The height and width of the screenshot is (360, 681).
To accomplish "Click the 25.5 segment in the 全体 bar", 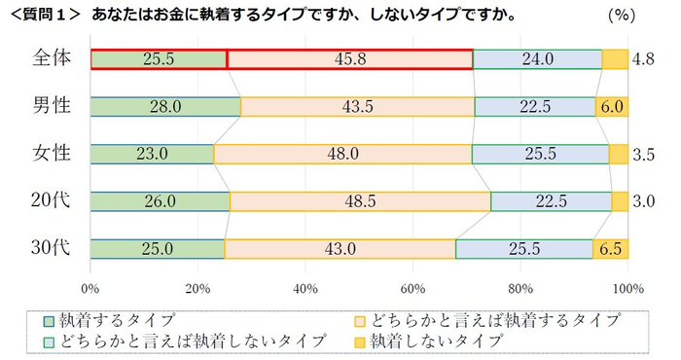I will [x=158, y=59].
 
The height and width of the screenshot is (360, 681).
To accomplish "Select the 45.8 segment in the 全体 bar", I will [x=349, y=59].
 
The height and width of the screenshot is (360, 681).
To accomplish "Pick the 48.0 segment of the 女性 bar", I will [x=342, y=154].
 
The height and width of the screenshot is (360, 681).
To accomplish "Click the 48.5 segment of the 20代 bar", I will [x=360, y=201].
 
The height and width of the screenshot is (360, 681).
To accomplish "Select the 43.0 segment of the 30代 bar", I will [x=340, y=248].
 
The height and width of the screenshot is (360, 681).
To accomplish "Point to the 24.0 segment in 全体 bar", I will [x=537, y=59].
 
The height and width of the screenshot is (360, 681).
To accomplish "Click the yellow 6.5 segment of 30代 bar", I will [x=611, y=248].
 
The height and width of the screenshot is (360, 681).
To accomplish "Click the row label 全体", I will [x=50, y=58].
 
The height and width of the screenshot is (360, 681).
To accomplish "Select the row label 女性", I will [x=50, y=154].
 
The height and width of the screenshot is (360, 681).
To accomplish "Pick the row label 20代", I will [x=49, y=201].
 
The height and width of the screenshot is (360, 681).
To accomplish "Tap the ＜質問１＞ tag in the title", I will [x=45, y=16].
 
